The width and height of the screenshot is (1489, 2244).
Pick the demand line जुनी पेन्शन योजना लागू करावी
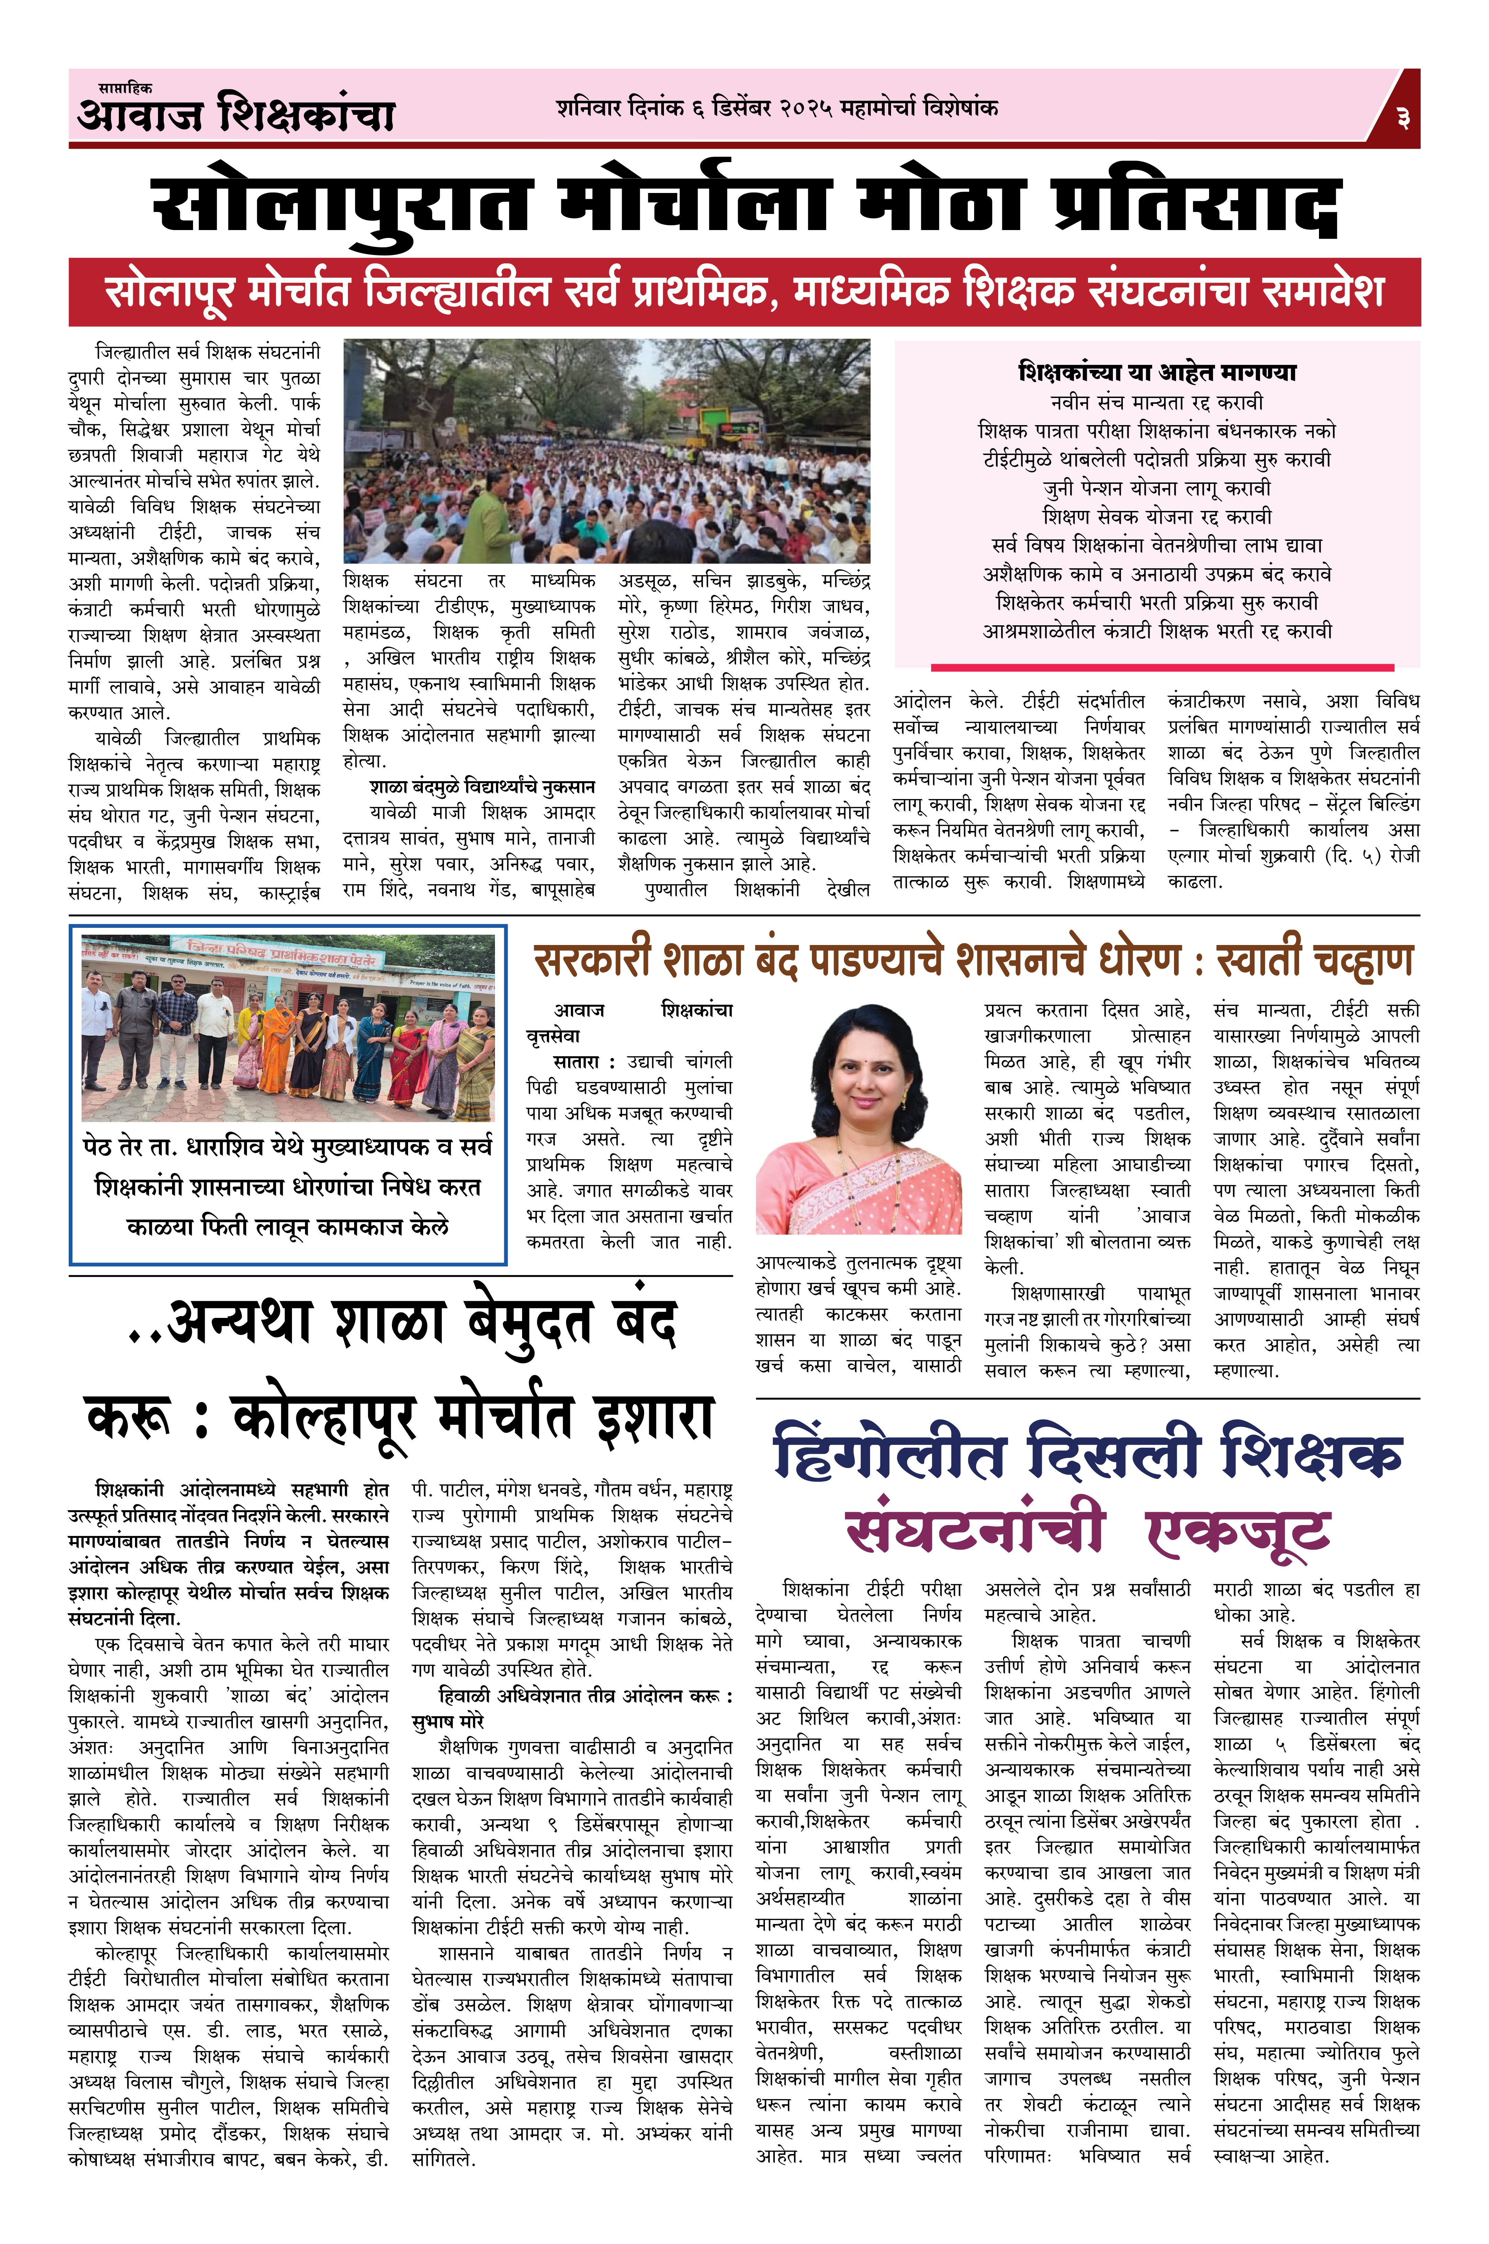(x=1157, y=488)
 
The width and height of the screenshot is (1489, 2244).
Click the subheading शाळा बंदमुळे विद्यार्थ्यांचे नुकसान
(x=482, y=787)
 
